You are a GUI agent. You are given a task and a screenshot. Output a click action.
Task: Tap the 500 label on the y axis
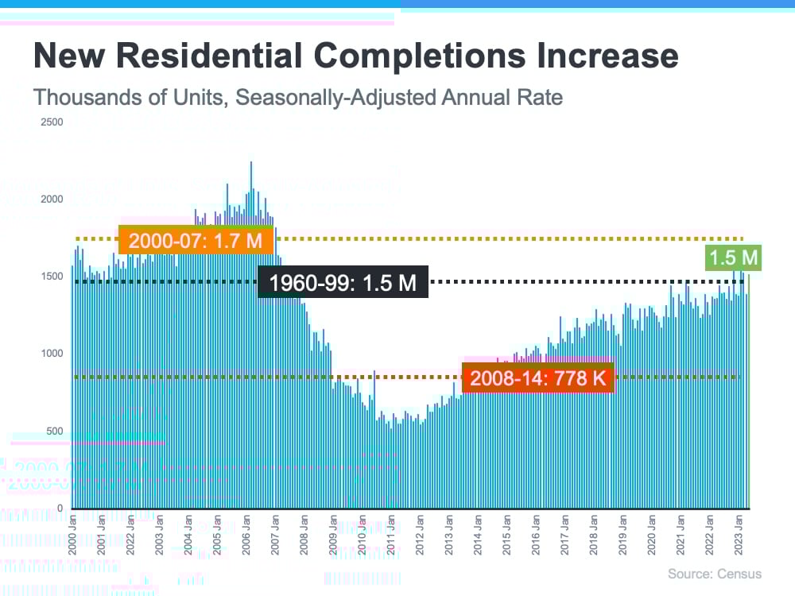coord(53,432)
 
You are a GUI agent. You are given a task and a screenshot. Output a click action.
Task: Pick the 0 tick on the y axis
coord(60,509)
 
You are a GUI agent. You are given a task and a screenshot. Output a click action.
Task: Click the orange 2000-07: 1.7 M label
coord(196,240)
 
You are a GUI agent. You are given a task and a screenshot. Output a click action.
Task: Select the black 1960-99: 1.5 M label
coord(343,282)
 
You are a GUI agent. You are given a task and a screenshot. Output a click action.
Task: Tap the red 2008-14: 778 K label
coord(538,377)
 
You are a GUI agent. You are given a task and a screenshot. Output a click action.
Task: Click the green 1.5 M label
coord(733,257)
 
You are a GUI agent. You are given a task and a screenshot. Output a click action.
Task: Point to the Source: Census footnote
coord(714,574)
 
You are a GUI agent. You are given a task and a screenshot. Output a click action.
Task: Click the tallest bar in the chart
coord(251,334)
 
